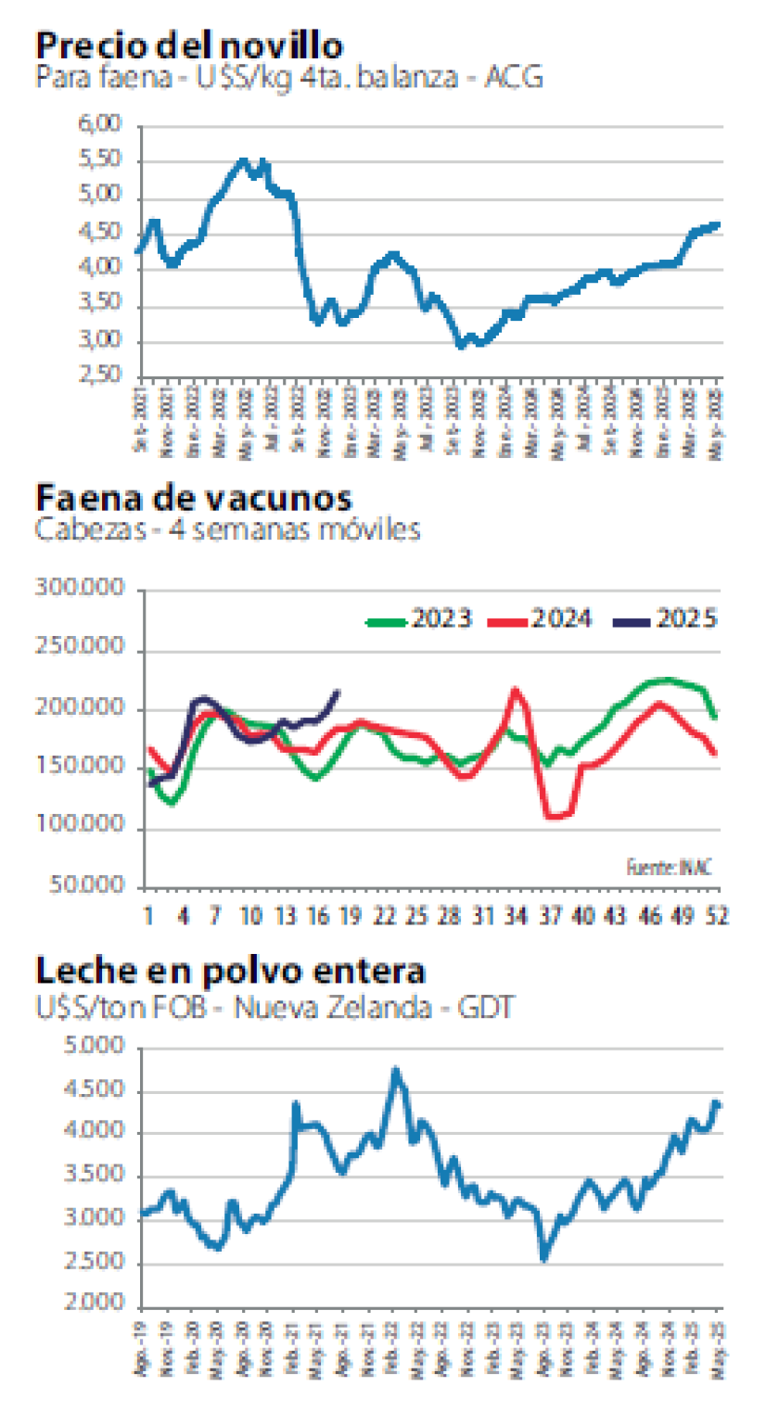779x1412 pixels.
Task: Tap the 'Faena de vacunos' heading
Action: (194, 498)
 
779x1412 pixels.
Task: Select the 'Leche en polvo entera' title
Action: (231, 971)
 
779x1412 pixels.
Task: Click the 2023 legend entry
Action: (421, 619)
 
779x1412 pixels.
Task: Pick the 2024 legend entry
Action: (542, 619)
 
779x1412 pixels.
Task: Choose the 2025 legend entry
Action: (666, 619)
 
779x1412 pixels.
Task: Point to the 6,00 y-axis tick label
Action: (102, 125)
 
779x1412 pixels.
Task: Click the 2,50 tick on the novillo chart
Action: (102, 375)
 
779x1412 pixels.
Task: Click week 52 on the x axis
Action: (716, 916)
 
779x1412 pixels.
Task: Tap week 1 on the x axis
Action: (148, 916)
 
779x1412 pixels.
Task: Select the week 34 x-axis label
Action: (514, 916)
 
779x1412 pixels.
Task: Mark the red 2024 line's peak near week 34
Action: (517, 690)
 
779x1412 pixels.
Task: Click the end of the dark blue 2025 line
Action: (338, 691)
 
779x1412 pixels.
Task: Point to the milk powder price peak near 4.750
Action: (396, 1071)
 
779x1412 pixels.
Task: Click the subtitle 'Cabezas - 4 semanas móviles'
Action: (228, 529)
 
